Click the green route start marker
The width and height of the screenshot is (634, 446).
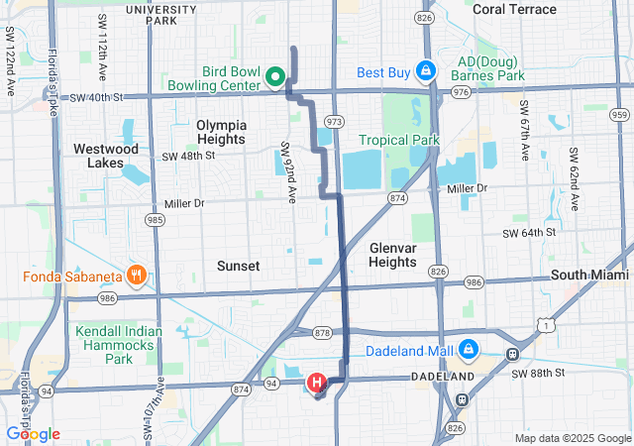[x=276, y=75]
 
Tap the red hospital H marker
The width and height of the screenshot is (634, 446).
[x=317, y=382]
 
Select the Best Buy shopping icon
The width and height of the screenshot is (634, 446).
[x=426, y=71]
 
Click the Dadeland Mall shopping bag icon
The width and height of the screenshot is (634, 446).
[x=467, y=351]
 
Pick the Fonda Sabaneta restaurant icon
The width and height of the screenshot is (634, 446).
[x=137, y=275]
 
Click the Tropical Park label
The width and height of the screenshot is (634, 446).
[x=398, y=140]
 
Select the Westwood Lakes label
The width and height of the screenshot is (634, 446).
[x=106, y=156]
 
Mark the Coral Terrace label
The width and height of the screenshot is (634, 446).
[x=514, y=9]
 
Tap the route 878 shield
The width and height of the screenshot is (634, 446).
[x=322, y=332]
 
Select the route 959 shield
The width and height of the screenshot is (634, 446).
[x=619, y=114]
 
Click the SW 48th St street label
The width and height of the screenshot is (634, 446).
[x=187, y=157]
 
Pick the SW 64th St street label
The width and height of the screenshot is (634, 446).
[x=531, y=233]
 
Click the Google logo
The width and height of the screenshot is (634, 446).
[x=33, y=434]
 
